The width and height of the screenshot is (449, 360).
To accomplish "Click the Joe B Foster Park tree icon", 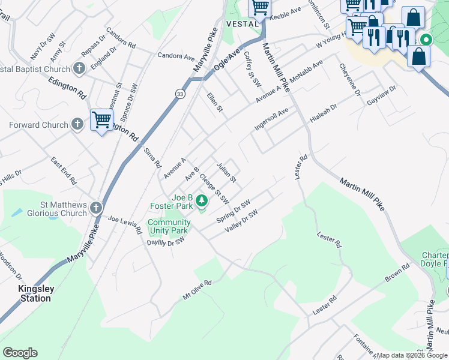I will [202, 200].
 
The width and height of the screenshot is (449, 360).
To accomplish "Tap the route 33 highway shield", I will [180, 94].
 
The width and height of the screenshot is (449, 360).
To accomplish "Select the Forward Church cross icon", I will [77, 125].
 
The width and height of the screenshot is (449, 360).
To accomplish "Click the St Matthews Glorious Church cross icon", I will [96, 208].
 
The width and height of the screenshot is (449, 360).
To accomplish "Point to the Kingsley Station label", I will [36, 293].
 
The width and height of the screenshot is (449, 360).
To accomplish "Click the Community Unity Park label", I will [169, 226].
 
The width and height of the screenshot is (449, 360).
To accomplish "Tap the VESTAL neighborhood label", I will [241, 23].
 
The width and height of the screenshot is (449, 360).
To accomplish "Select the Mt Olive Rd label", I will [197, 290].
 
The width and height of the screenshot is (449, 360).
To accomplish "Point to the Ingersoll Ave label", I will [271, 121].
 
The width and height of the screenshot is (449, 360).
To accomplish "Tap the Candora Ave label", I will [176, 56].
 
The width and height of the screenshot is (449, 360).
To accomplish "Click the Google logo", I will [20, 353].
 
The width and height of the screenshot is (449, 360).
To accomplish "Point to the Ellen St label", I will [215, 102].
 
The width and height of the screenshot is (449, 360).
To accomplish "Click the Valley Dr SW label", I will [241, 221].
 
